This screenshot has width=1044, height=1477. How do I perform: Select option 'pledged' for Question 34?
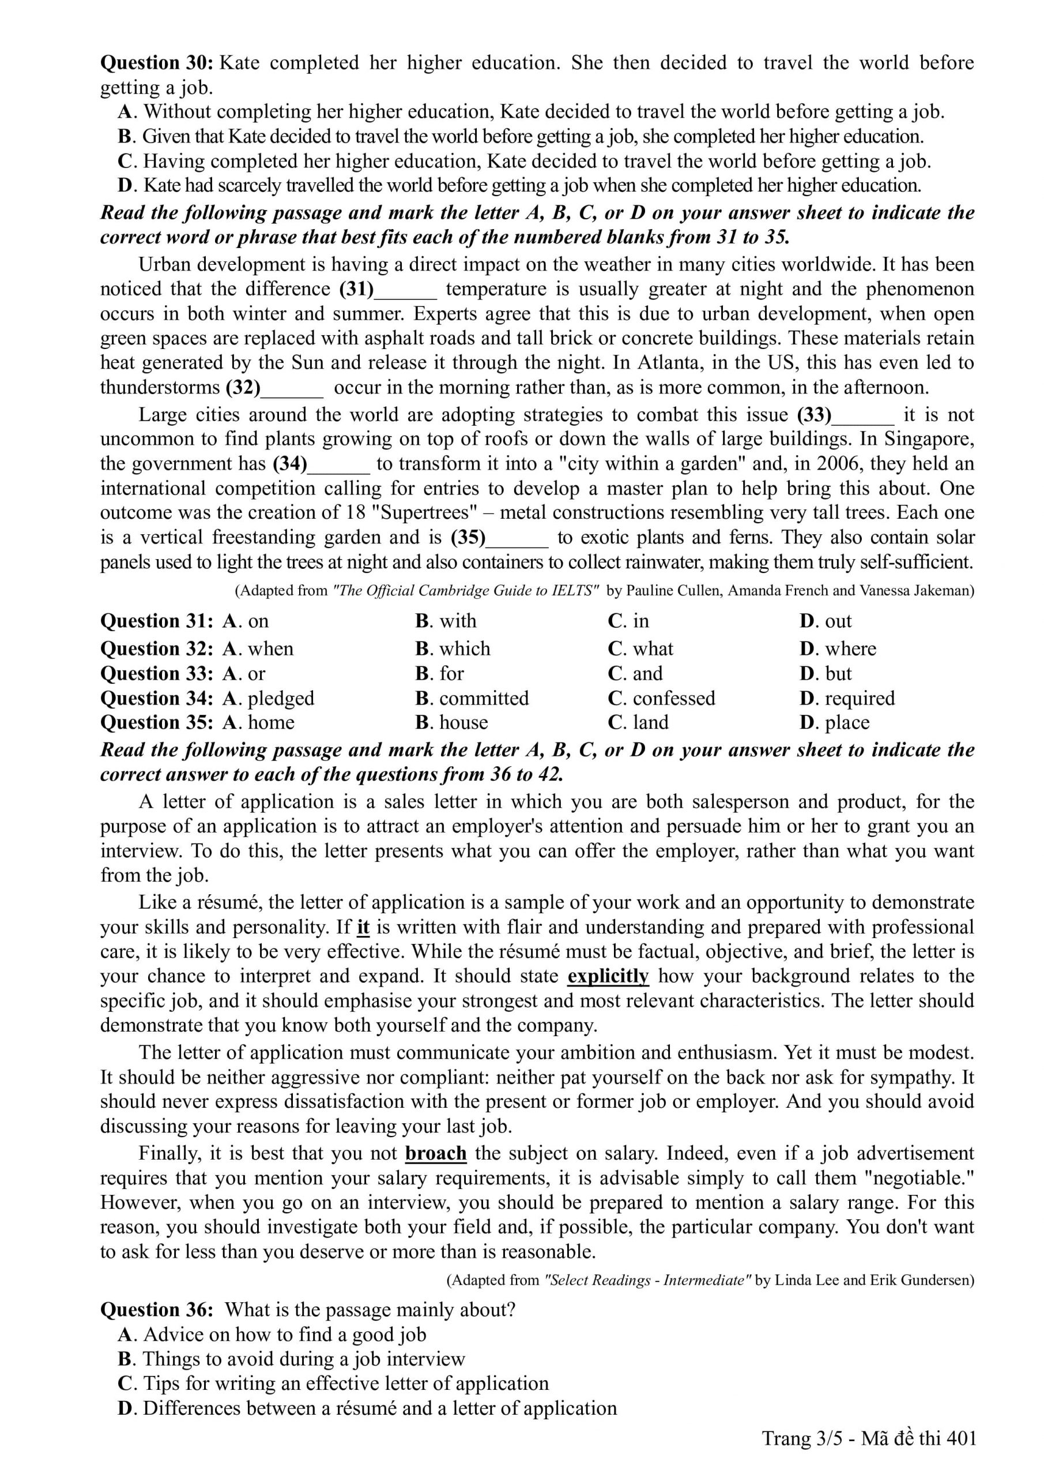tap(280, 698)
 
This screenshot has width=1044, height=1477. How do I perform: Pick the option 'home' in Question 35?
tap(270, 722)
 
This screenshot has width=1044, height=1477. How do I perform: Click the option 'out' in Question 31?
tap(838, 621)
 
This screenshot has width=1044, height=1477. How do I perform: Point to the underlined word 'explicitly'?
tap(608, 976)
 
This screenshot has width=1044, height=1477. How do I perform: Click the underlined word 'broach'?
tap(436, 1153)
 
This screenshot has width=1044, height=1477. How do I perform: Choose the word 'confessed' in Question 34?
tap(673, 698)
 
